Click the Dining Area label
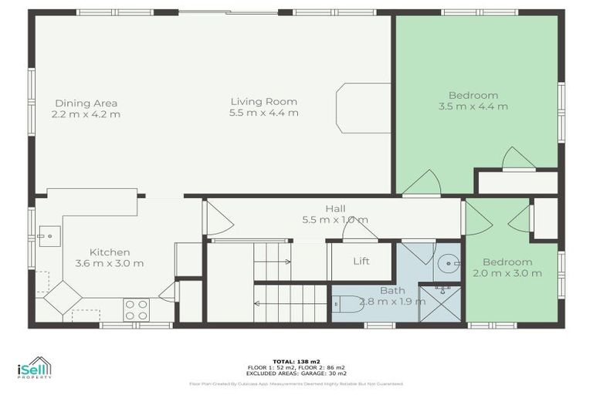[86, 103]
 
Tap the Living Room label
[263, 101]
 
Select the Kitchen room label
[109, 252]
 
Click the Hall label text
[335, 208]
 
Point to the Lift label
[361, 262]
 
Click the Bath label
[391, 291]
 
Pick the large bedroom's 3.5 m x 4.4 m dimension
[473, 106]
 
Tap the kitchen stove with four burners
[137, 309]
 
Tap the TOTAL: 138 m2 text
[296, 360]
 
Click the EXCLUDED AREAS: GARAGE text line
[296, 373]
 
